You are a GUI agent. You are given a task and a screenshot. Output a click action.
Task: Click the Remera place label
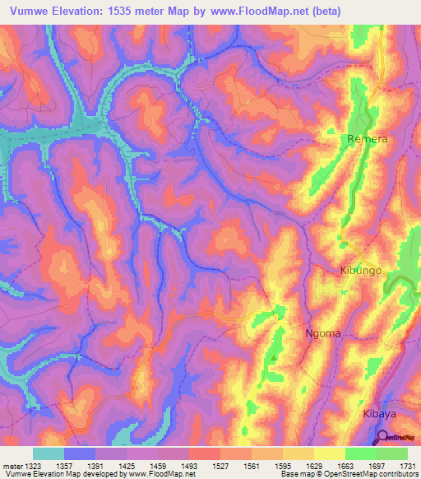pyautogui.click(x=367, y=140)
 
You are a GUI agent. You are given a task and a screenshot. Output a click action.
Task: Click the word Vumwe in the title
pyautogui.click(x=33, y=11)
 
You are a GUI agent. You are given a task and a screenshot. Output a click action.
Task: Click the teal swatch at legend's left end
pyautogui.click(x=49, y=453)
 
